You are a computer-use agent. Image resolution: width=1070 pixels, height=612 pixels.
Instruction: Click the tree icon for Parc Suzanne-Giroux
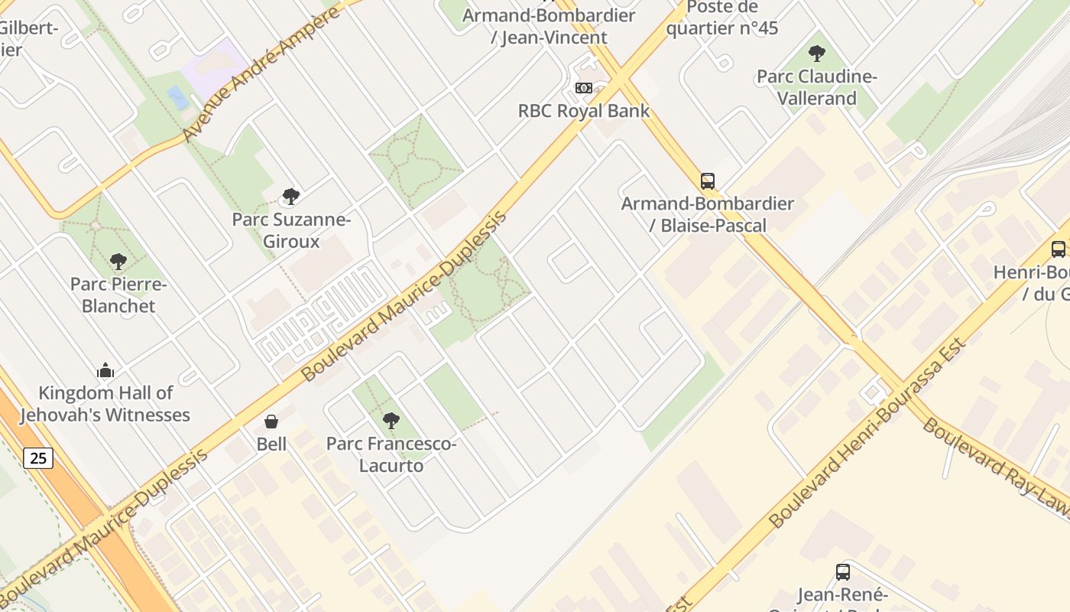coord(290,197)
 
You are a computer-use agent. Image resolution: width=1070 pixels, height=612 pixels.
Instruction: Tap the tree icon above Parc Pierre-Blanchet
coord(118,262)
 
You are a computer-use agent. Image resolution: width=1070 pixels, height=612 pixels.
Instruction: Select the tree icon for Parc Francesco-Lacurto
coord(391,420)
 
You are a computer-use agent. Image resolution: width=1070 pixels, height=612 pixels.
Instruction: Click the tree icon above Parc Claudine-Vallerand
coord(816,54)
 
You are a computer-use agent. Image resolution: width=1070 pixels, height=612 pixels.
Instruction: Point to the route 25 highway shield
coord(37,458)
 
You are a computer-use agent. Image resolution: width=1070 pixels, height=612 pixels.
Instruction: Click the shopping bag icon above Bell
coord(271,422)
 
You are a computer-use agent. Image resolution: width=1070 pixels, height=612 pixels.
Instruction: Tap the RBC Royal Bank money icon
coord(584,88)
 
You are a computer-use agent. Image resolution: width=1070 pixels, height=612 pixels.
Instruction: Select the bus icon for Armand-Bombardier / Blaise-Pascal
coord(708,181)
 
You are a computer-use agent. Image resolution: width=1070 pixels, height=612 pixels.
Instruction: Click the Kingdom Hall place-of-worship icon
coord(105,371)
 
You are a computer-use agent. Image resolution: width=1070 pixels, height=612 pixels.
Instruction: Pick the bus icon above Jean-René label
coord(842,571)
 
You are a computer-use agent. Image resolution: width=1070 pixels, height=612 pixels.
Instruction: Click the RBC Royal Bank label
coord(584,111)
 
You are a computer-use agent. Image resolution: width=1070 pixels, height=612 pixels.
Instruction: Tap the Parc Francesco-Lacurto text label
coord(391,454)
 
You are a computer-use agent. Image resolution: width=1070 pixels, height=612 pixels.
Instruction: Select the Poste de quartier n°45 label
coord(721,18)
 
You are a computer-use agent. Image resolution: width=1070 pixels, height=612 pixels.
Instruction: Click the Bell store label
coord(271,444)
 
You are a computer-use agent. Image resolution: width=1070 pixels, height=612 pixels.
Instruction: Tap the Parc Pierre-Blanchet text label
coord(118,295)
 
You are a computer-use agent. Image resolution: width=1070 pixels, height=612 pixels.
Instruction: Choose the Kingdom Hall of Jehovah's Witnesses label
coord(105,404)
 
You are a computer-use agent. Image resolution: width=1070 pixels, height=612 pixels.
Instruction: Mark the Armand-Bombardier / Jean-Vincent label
coord(550,26)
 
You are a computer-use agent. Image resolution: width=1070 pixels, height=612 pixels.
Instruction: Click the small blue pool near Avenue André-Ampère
coord(177,97)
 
